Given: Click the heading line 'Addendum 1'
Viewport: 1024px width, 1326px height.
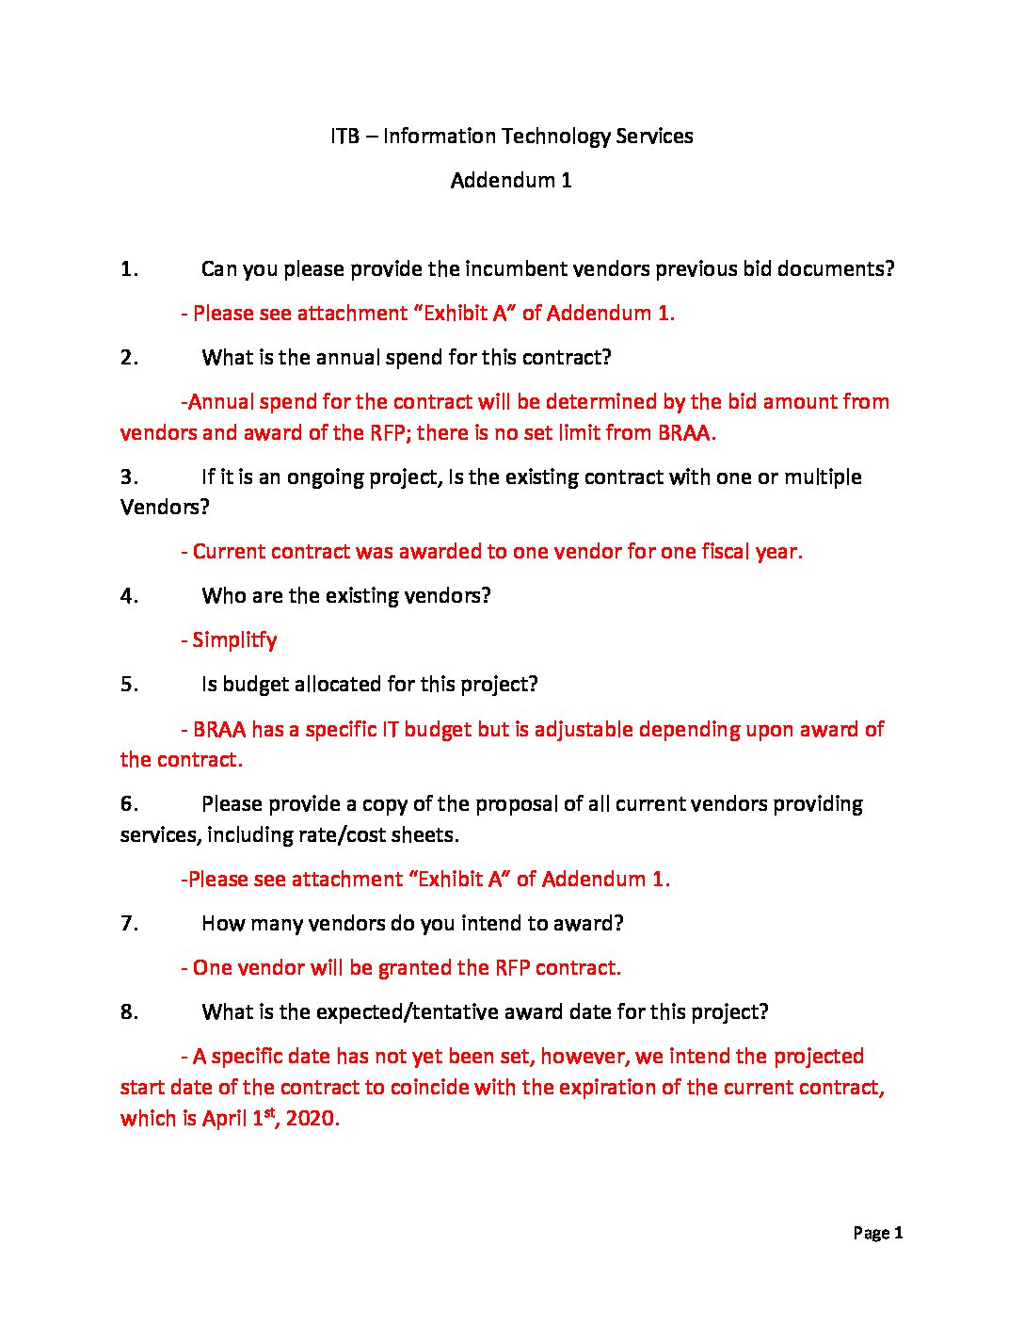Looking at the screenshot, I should (511, 180).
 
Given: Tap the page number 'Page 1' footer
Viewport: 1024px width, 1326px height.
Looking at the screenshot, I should (877, 1233).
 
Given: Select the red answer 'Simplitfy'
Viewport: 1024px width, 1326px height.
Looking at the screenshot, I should (234, 640).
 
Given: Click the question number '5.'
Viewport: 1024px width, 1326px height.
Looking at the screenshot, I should (129, 685).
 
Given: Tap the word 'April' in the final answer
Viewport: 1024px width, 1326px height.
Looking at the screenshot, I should (224, 1119).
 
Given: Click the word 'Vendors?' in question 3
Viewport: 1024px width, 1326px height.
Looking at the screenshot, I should (165, 508).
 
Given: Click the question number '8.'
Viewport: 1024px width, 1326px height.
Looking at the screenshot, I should (129, 1012).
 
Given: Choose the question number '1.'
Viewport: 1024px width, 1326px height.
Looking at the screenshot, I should (129, 269).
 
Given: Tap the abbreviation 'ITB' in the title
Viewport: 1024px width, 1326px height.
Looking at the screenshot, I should (344, 136).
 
